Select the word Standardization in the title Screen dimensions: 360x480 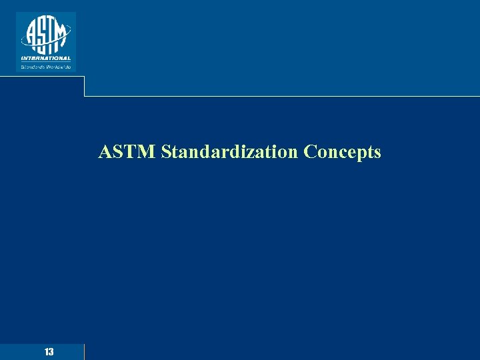click(x=230, y=152)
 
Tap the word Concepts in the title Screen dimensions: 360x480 click(x=342, y=152)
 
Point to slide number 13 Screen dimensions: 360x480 click(x=49, y=351)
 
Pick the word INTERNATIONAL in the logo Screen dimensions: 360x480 click(x=45, y=58)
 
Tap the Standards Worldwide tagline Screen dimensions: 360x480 click(x=45, y=66)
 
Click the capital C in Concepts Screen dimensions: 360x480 click(x=309, y=152)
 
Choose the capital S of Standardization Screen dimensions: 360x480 click(x=166, y=152)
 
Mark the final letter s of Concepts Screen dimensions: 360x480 click(x=377, y=153)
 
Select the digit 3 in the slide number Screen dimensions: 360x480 click(x=51, y=351)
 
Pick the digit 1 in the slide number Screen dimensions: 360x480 click(x=46, y=351)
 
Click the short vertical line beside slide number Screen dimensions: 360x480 click(x=85, y=351)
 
